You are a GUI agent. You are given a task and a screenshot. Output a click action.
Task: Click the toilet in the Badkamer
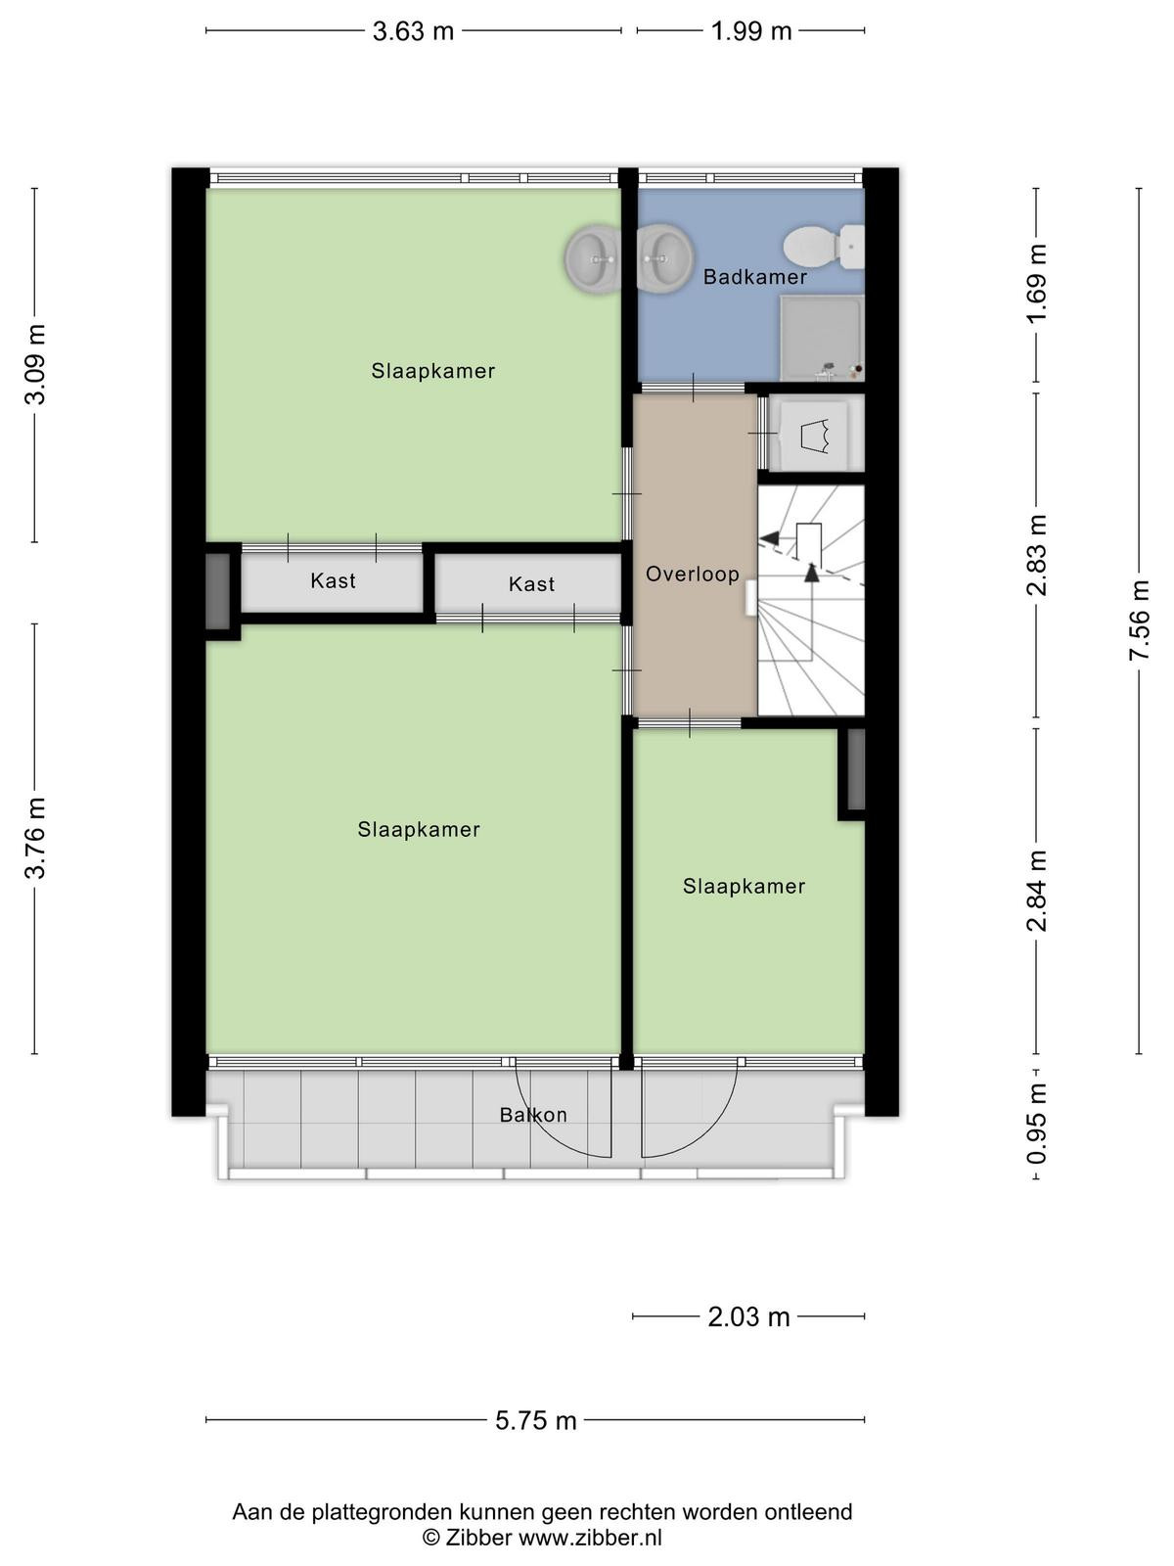824,247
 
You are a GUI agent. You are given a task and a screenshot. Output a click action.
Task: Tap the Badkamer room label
755,277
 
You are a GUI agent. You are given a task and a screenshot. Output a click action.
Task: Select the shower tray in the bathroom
822,339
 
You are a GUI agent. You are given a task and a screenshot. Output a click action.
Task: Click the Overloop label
692,574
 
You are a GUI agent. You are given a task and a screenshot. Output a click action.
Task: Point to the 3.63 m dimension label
414,31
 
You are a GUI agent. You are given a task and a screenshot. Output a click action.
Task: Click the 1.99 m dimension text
751,31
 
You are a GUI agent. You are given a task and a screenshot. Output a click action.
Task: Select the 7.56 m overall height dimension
1139,620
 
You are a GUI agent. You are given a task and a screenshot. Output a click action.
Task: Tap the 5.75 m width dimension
536,1420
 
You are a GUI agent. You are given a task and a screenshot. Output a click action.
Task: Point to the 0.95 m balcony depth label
1036,1123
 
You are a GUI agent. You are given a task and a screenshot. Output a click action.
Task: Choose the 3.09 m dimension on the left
35,364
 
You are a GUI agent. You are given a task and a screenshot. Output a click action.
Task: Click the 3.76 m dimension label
35,838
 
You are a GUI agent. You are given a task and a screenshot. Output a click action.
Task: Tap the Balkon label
533,1115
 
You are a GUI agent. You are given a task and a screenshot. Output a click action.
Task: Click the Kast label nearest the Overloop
532,584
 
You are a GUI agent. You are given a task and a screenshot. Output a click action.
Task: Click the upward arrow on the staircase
812,572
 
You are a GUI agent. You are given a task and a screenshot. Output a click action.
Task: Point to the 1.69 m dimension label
1036,283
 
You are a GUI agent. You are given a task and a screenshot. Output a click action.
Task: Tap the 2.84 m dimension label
1036,891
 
